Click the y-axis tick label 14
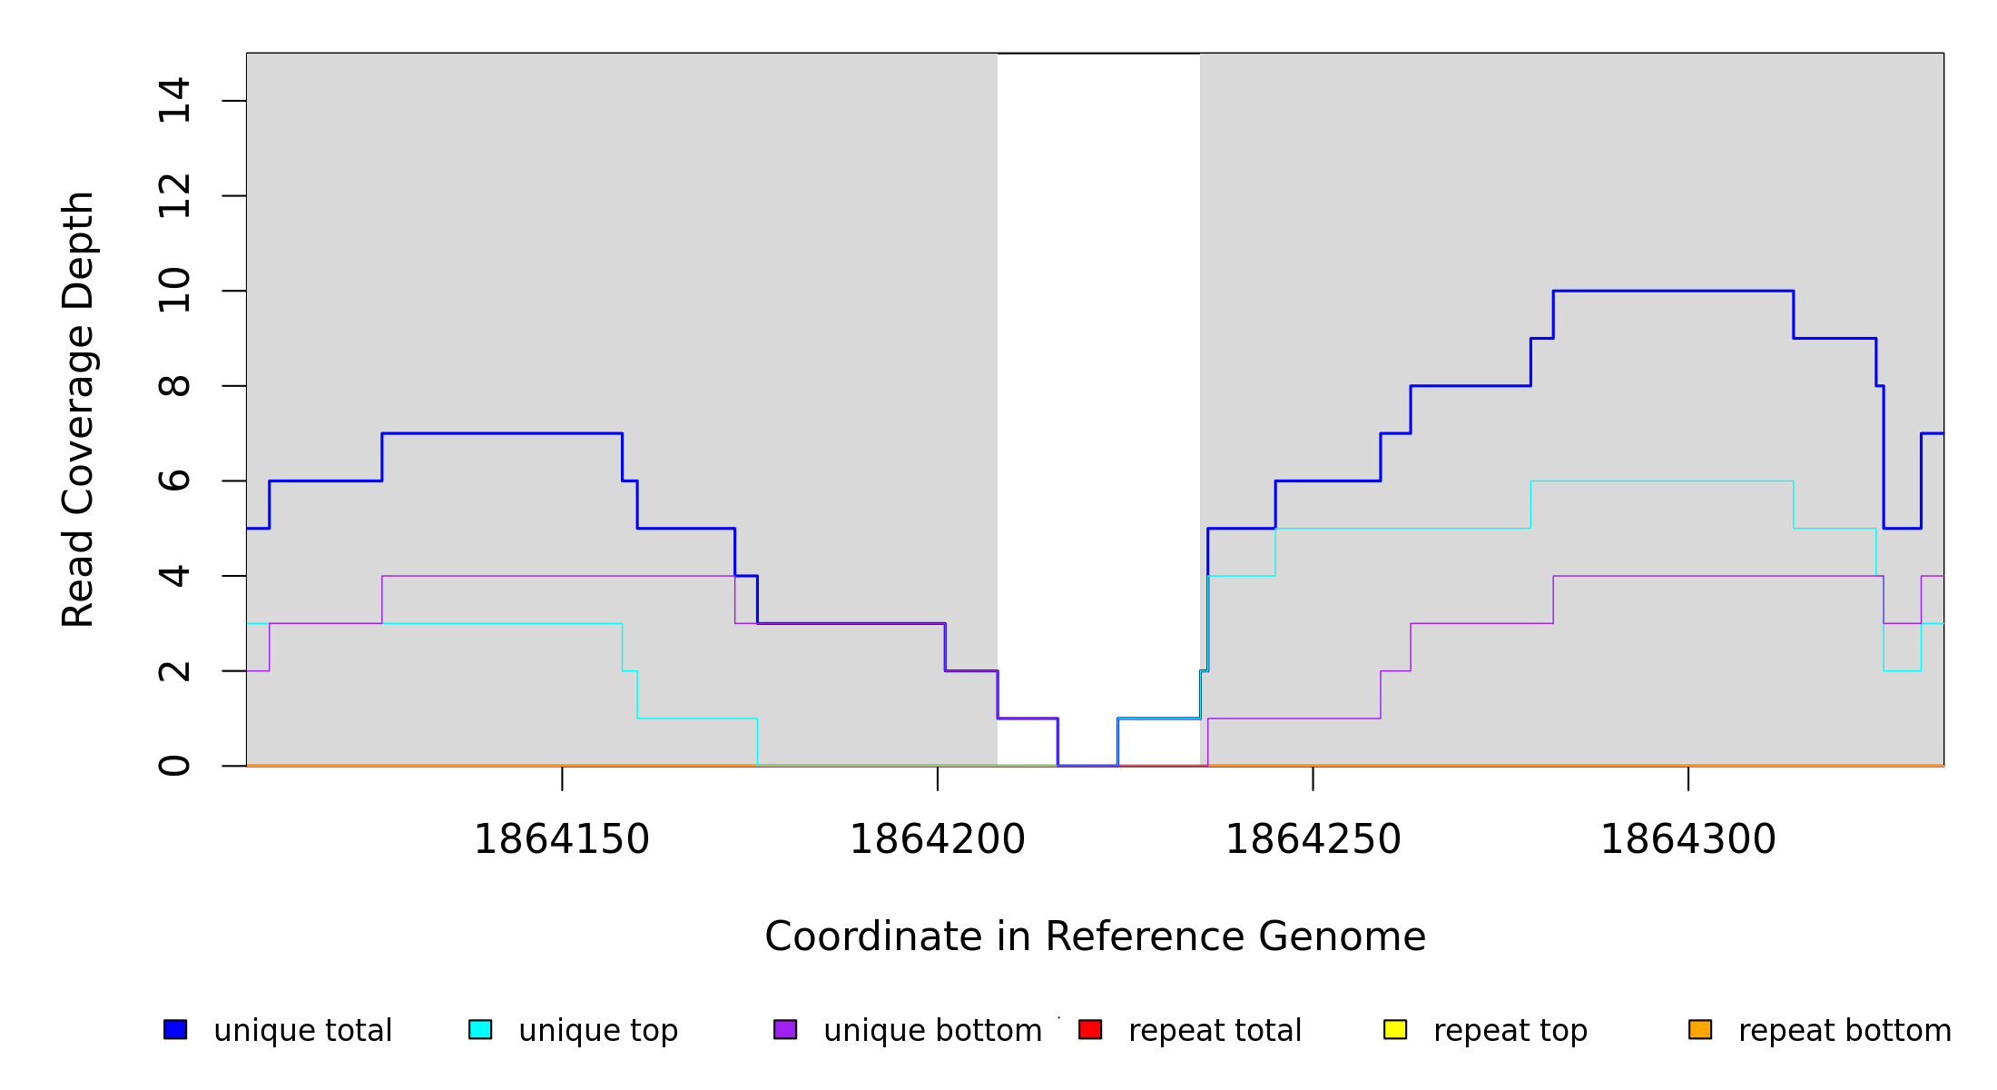coord(174,101)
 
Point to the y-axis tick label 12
coord(174,196)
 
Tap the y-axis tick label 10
coord(174,291)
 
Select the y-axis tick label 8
coord(174,386)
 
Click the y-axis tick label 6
coord(174,481)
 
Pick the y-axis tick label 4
coord(174,576)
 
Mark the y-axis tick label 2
coord(174,671)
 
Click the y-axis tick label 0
coord(174,766)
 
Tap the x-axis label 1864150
coord(562,839)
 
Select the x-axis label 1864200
coord(938,839)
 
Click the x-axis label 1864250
coord(1313,839)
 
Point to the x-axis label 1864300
coord(1688,839)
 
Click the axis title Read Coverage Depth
coord(78,409)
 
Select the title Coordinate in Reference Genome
coord(1095,936)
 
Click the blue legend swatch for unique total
coord(175,1029)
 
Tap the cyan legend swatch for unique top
coord(480,1029)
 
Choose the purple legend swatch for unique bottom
coord(785,1029)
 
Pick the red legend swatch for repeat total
coord(1090,1029)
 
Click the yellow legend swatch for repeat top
coord(1395,1029)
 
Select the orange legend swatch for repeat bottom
coord(1700,1029)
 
